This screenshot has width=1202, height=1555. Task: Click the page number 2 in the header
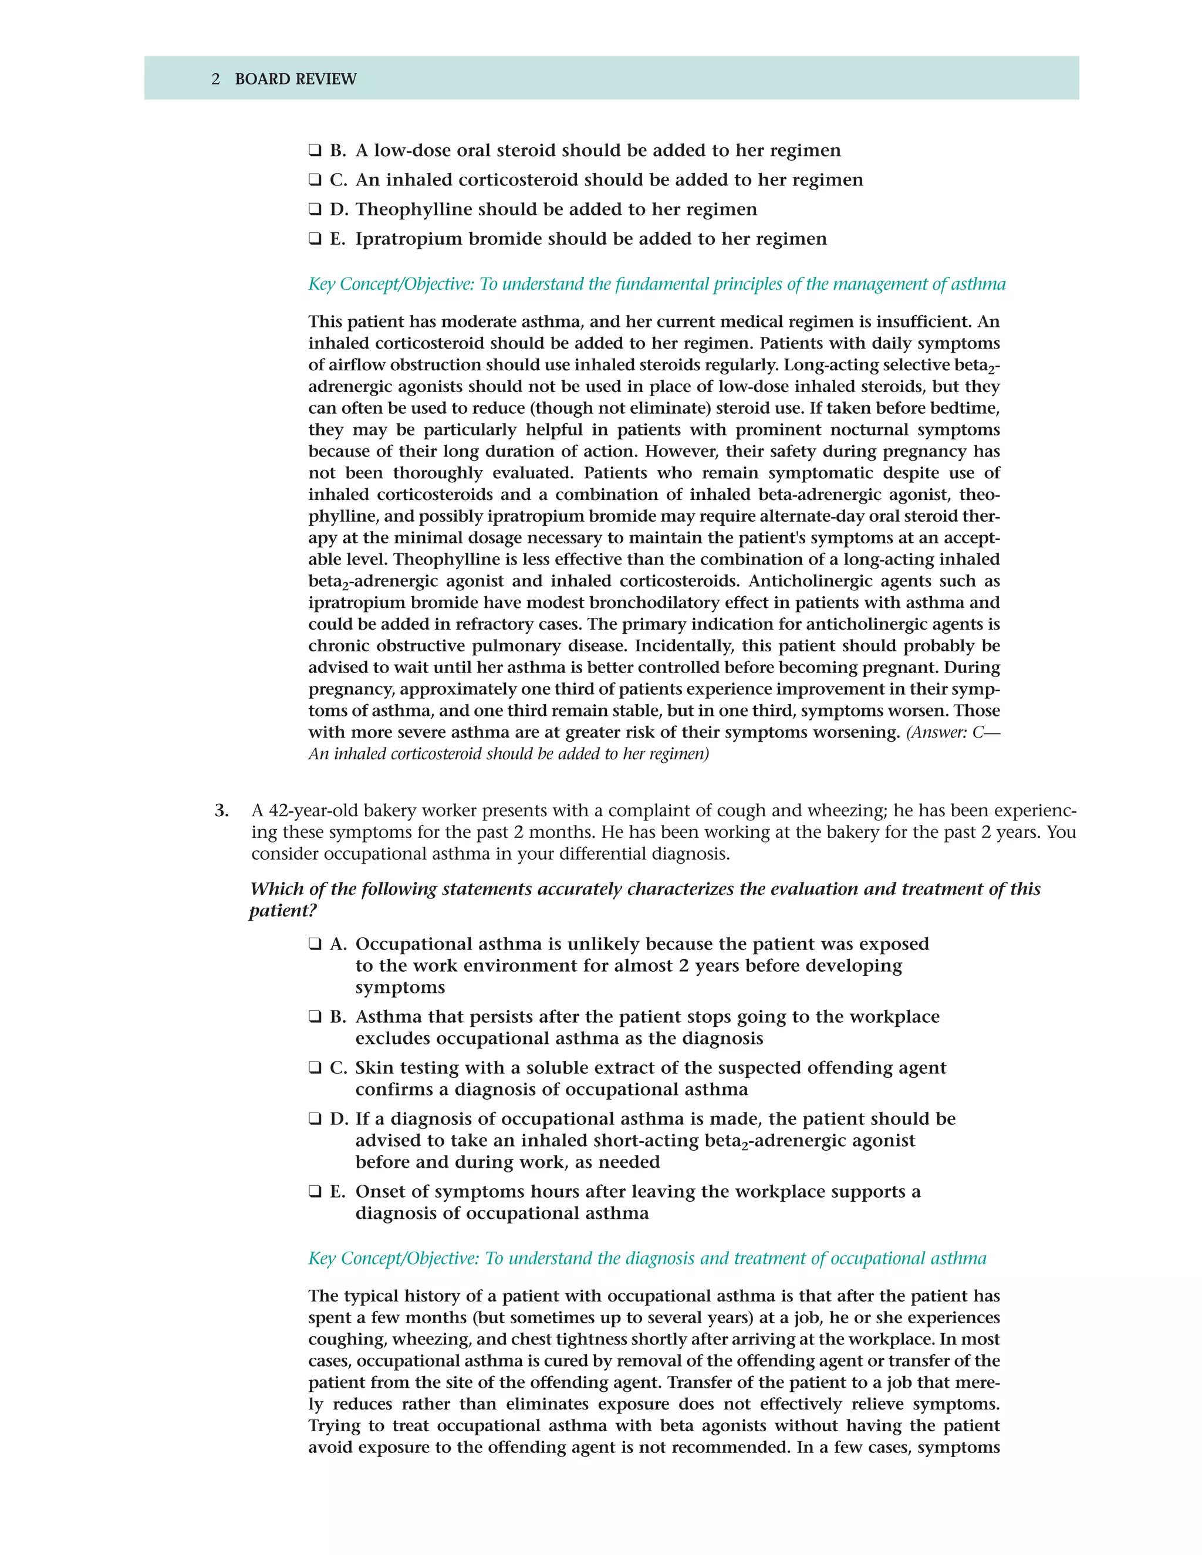[x=216, y=79]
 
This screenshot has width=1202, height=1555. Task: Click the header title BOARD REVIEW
[x=296, y=79]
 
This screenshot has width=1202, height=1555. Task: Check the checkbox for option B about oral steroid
[x=315, y=150]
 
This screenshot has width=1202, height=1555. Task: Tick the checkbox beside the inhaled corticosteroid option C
[x=315, y=180]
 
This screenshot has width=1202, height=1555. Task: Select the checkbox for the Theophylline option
[x=315, y=209]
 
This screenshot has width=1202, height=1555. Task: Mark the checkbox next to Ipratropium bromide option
[x=315, y=239]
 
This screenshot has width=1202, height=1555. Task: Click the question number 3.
[x=221, y=810]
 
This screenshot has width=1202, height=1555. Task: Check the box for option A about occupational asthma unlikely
[x=315, y=944]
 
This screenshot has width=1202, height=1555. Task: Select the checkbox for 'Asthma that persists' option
[x=315, y=1017]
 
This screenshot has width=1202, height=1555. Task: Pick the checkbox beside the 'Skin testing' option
[x=315, y=1068]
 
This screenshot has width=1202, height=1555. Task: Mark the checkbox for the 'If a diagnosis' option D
[x=315, y=1119]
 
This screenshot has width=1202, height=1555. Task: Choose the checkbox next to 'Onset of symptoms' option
[x=315, y=1192]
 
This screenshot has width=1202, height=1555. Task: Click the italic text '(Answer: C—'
[x=952, y=733]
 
